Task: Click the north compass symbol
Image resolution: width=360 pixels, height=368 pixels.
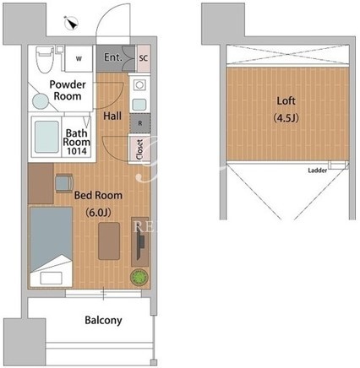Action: pyautogui.click(x=71, y=23)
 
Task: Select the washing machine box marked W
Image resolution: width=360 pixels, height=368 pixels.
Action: pyautogui.click(x=79, y=58)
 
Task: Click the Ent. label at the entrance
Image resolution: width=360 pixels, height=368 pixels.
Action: pyautogui.click(x=113, y=57)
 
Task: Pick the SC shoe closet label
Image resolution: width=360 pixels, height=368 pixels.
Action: pyautogui.click(x=143, y=58)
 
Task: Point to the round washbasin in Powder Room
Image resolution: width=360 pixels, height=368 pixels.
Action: pyautogui.click(x=41, y=101)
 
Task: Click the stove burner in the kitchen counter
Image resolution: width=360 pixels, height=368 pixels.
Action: pyautogui.click(x=139, y=84)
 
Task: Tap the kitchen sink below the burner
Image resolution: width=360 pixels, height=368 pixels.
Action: pyautogui.click(x=139, y=105)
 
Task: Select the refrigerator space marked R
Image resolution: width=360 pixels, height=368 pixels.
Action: pyautogui.click(x=140, y=123)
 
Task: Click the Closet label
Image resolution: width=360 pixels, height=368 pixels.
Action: pyautogui.click(x=139, y=149)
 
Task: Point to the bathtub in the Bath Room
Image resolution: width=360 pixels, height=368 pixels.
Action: pyautogui.click(x=47, y=137)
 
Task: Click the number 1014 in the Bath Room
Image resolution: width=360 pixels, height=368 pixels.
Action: pyautogui.click(x=77, y=151)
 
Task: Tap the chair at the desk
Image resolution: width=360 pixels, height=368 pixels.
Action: pyautogui.click(x=64, y=183)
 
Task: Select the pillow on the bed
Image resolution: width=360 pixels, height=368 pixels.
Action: pyautogui.click(x=51, y=278)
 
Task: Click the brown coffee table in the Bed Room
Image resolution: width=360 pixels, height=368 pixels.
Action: pyautogui.click(x=109, y=241)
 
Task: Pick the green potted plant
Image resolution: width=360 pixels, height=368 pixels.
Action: pyautogui.click(x=139, y=277)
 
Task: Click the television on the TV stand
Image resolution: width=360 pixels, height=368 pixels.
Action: pyautogui.click(x=140, y=244)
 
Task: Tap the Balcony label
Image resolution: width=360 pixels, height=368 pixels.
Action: pyautogui.click(x=103, y=320)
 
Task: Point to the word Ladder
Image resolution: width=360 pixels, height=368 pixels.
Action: pyautogui.click(x=318, y=170)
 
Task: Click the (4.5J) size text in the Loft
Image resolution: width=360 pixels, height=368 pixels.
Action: pyautogui.click(x=286, y=118)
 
